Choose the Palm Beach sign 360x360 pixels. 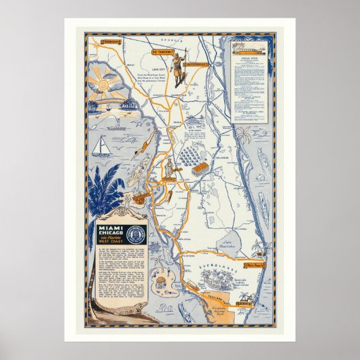tap(256, 264)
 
